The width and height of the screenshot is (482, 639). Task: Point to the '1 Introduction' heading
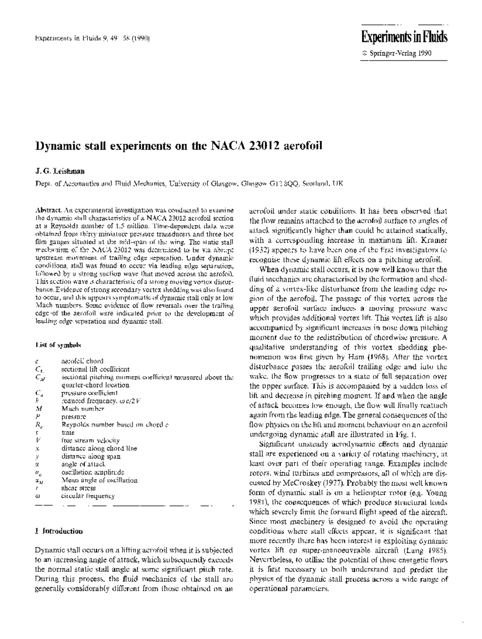click(59, 531)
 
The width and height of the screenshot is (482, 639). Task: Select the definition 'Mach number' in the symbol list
click(83, 409)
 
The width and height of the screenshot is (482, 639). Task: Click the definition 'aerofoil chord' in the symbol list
click(82, 361)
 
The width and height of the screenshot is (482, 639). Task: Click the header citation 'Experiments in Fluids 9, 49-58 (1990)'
click(92, 39)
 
